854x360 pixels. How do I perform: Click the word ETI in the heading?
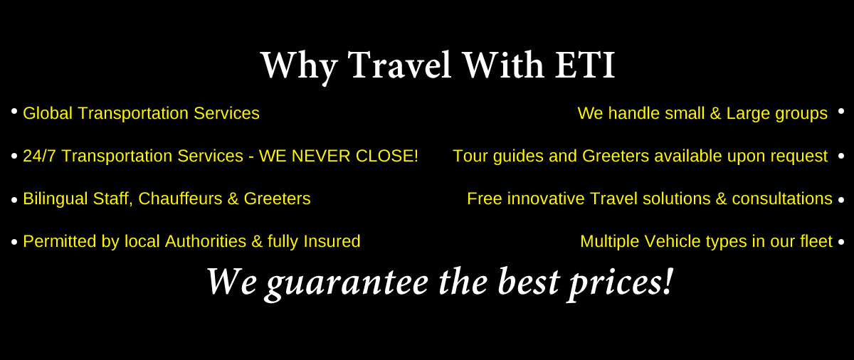pyautogui.click(x=584, y=65)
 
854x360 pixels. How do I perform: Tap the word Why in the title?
pyautogui.click(x=299, y=68)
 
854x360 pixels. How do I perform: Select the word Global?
pyautogui.click(x=48, y=113)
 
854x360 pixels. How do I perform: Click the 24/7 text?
pyautogui.click(x=39, y=156)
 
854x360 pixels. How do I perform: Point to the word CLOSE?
pyautogui.click(x=387, y=156)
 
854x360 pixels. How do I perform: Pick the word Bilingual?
pyautogui.click(x=56, y=199)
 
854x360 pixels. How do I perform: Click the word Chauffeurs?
pyautogui.click(x=180, y=198)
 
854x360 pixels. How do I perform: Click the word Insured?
pyautogui.click(x=332, y=241)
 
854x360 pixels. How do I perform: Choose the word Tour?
pyautogui.click(x=470, y=156)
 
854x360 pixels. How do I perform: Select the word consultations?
pyautogui.click(x=782, y=198)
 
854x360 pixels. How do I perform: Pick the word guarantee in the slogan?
pyautogui.click(x=347, y=284)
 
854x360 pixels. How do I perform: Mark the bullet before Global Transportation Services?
pyautogui.click(x=14, y=111)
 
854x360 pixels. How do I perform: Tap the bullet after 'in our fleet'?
pyautogui.click(x=841, y=241)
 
